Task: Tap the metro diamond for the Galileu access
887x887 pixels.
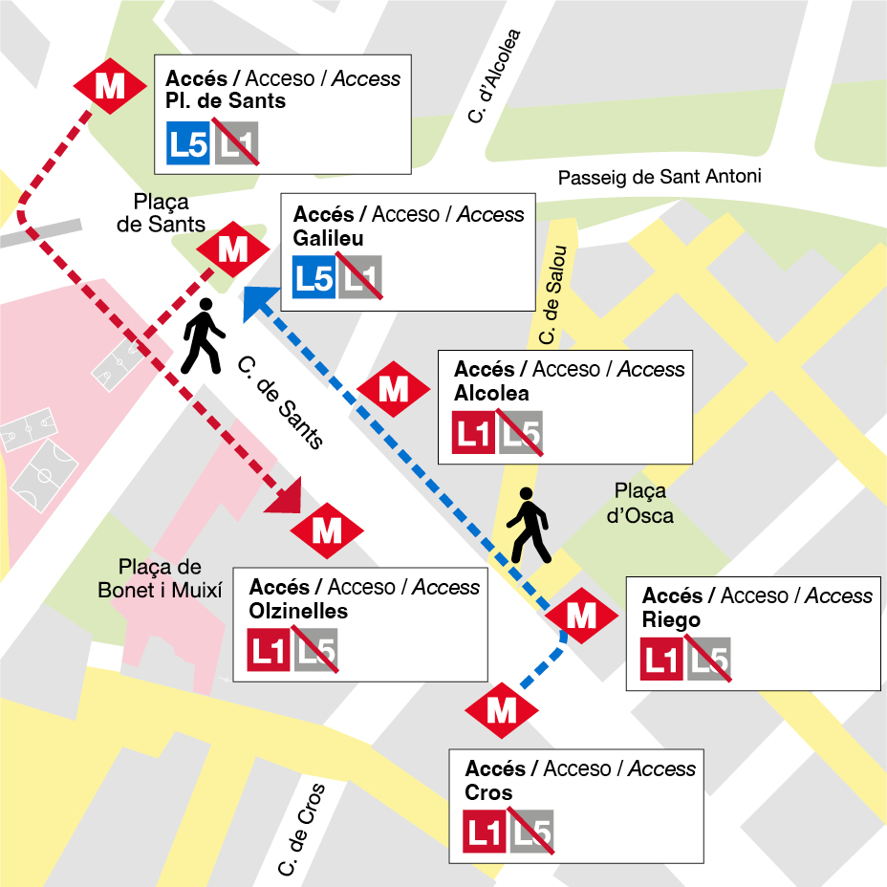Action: point(232,249)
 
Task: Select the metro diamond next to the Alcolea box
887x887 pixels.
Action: point(393,389)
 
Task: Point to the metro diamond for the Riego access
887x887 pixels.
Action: point(581,617)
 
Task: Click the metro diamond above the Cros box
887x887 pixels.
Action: point(502,710)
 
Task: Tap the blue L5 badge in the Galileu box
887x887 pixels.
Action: point(314,278)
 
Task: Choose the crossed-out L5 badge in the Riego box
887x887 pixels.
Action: point(708,660)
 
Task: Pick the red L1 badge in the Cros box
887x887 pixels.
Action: point(485,833)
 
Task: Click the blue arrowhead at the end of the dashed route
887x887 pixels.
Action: point(256,302)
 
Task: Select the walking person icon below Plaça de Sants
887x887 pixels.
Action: point(203,336)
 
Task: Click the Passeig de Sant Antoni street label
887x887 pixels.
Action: point(660,177)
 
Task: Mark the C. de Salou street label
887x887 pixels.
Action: point(553,295)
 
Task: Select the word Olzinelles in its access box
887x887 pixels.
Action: point(298,612)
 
